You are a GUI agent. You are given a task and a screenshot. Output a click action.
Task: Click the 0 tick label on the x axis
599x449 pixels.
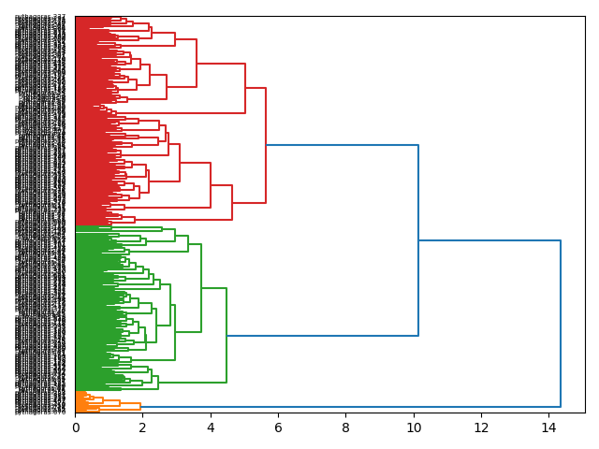point(76,427)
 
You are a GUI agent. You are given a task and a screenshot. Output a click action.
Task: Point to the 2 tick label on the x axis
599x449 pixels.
point(143,427)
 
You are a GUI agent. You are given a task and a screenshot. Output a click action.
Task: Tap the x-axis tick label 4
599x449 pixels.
point(211,427)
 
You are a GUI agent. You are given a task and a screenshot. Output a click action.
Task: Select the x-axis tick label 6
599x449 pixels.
point(278,427)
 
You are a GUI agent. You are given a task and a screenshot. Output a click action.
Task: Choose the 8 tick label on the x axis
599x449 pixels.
point(345,427)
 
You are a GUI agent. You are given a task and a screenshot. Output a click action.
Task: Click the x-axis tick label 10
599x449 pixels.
point(413,427)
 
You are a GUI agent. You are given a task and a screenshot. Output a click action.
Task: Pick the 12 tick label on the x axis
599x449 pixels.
point(480,427)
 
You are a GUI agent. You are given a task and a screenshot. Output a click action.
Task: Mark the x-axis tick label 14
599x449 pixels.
point(548,427)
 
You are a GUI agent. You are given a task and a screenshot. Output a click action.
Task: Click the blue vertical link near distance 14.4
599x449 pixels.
point(561,324)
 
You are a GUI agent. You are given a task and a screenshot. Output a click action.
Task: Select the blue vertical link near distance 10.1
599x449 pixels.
point(418,240)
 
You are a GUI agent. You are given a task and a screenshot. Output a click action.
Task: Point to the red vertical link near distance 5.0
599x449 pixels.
point(245,88)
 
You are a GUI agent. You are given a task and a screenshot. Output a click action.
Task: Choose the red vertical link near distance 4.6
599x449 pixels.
point(231,202)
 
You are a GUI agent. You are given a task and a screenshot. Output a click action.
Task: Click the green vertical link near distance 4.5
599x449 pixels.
point(226,335)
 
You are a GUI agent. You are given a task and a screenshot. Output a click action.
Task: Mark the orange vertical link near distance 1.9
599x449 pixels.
point(140,405)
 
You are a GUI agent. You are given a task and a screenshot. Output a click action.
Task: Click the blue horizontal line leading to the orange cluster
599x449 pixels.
point(350,407)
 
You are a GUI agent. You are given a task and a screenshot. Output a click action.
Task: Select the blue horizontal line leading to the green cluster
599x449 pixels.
point(322,335)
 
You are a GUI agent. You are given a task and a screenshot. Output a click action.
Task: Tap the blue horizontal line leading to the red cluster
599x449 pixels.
point(342,145)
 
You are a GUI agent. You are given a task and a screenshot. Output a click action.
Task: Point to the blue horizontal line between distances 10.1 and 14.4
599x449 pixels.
point(489,240)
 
